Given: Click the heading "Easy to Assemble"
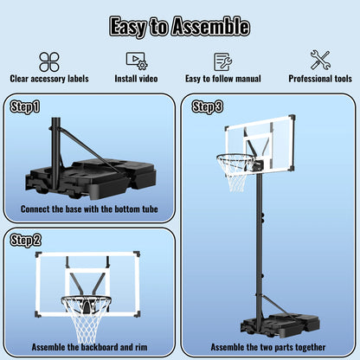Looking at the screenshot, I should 180,26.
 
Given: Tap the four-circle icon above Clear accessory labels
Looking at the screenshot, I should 49,61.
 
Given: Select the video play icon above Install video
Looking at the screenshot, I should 136,61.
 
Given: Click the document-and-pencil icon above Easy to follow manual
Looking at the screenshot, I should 223,61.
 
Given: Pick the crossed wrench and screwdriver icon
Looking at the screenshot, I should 320,61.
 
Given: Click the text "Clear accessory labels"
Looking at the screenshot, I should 49,78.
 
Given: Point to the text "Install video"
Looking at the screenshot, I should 136,78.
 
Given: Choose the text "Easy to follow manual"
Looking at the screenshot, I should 223,78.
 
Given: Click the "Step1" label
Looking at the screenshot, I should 24,107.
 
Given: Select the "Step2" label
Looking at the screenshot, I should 24,240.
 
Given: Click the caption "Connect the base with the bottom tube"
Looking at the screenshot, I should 89,209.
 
